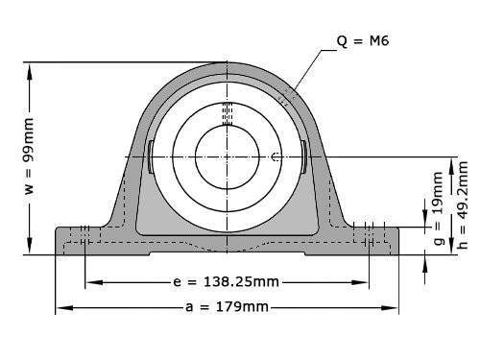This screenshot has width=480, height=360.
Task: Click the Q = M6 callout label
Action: click(363, 41)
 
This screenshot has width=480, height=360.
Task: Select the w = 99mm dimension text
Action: click(29, 156)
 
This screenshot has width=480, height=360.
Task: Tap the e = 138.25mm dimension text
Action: click(227, 282)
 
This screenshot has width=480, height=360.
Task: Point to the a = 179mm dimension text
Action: click(227, 307)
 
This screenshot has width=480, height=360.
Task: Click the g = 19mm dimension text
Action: click(439, 208)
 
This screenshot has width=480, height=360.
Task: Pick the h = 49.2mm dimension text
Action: click(463, 205)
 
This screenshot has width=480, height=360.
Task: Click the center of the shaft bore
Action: click(227, 156)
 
